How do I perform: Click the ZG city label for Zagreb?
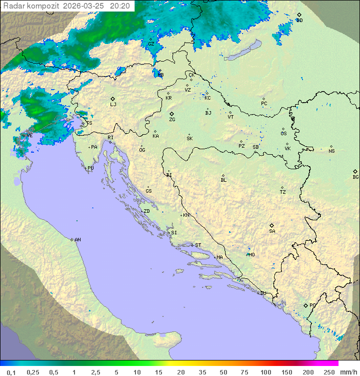pyautogui.click(x=172, y=120)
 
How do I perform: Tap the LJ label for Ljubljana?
pyautogui.click(x=113, y=105)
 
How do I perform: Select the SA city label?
pyautogui.click(x=272, y=231)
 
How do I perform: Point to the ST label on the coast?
pyautogui.click(x=198, y=245)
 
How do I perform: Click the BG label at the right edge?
pyautogui.click(x=355, y=177)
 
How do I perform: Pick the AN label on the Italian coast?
pyautogui.click(x=77, y=240)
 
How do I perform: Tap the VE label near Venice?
pyautogui.click(x=29, y=136)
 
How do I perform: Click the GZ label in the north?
pyautogui.click(x=151, y=44)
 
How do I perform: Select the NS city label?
pyautogui.click(x=331, y=151)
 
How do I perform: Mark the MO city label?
pyautogui.click(x=251, y=255)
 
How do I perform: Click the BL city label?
pyautogui.click(x=223, y=180)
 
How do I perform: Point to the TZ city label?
pyautogui.click(x=282, y=192)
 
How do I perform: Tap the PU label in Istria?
pyautogui.click(x=90, y=168)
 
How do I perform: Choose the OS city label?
pyautogui.click(x=283, y=134)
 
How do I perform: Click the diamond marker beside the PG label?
pyautogui.click(x=305, y=305)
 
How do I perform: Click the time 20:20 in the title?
pyautogui.click(x=120, y=6)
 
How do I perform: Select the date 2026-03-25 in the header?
pyautogui.click(x=84, y=6)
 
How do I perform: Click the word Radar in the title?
pyautogui.click(x=13, y=6)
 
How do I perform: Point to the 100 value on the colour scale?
pyautogui.click(x=265, y=372)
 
